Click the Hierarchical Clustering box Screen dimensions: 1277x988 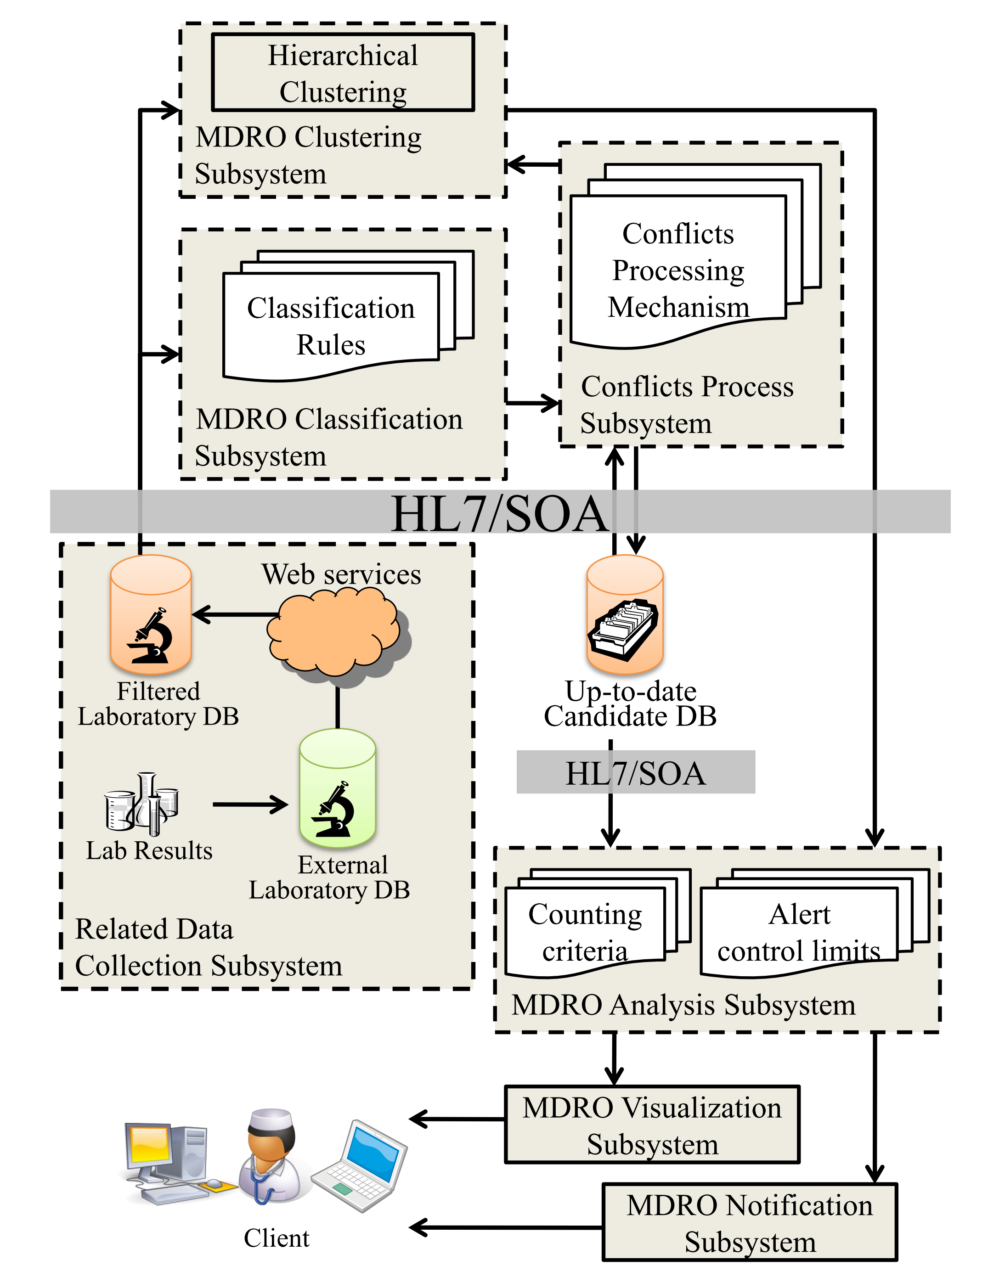pos(342,73)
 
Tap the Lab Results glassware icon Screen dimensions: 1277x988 pos(141,804)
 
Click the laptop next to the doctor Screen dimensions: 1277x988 pos(360,1166)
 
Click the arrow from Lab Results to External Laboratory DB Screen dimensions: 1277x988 pos(250,804)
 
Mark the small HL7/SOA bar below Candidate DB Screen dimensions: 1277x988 pos(635,772)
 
